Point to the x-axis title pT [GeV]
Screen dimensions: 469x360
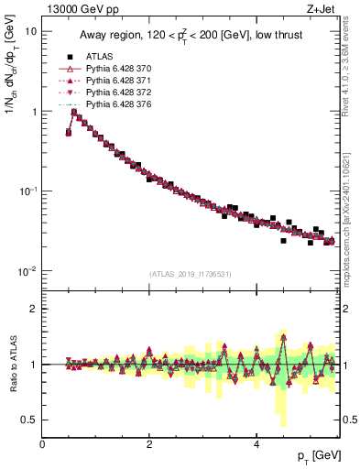point(313,455)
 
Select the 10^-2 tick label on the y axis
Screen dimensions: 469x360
point(27,270)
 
